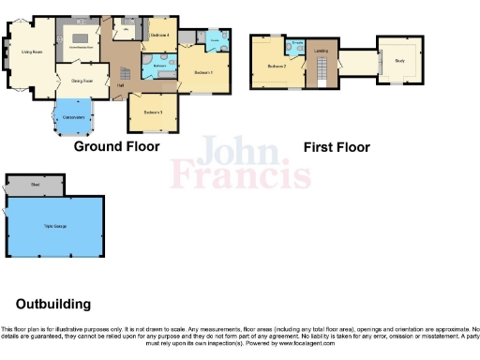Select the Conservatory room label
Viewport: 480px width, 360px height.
tap(73, 117)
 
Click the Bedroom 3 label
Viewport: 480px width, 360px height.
tap(154, 112)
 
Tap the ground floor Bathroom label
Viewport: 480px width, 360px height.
tap(160, 67)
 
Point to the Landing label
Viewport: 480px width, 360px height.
tap(321, 51)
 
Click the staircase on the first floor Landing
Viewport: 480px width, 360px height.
tap(321, 69)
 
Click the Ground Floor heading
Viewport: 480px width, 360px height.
tap(116, 146)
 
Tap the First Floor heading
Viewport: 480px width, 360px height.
tap(337, 147)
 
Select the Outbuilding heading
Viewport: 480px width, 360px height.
tap(53, 304)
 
